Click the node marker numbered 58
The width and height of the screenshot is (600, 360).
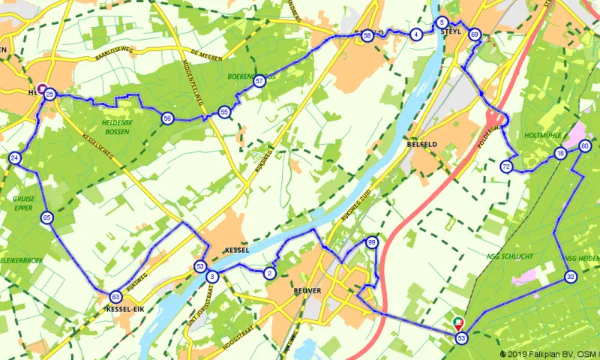click(x=367, y=35)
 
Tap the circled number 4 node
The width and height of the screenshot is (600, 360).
click(x=415, y=34)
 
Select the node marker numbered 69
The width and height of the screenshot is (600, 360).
click(x=474, y=34)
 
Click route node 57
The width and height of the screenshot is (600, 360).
click(x=259, y=81)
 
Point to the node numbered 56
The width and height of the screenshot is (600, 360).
click(x=167, y=118)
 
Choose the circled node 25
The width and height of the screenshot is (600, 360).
click(x=49, y=94)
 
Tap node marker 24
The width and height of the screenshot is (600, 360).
click(x=15, y=158)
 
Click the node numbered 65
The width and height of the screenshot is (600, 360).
click(x=47, y=218)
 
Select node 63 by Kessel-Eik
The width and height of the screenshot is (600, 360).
click(x=115, y=296)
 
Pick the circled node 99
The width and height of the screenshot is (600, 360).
click(x=371, y=242)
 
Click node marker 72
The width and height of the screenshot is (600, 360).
click(x=507, y=166)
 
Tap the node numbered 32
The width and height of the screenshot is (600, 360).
click(x=571, y=277)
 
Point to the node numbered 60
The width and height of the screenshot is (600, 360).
click(x=585, y=146)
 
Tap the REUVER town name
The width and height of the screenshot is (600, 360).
click(x=308, y=290)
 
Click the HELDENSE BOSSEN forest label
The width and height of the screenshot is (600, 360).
click(x=110, y=127)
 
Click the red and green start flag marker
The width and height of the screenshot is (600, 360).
click(x=459, y=324)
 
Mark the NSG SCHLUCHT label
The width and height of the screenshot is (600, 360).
click(x=510, y=256)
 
